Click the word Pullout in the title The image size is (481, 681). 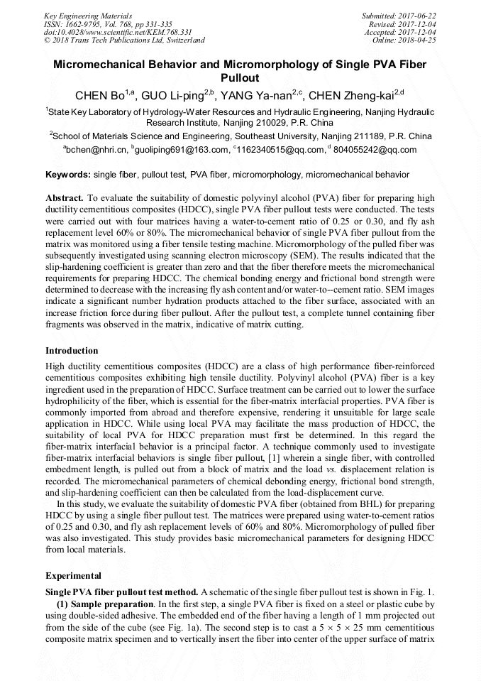pyautogui.click(x=240, y=78)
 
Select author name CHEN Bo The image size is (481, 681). pyautogui.click(x=100, y=95)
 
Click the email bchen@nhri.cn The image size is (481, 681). pyautogui.click(x=96, y=150)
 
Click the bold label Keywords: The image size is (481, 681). pyautogui.click(x=68, y=174)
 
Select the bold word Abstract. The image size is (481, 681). pyautogui.click(x=65, y=198)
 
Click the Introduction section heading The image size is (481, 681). pyautogui.click(x=72, y=351)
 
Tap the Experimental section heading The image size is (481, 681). pyautogui.click(x=73, y=576)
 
